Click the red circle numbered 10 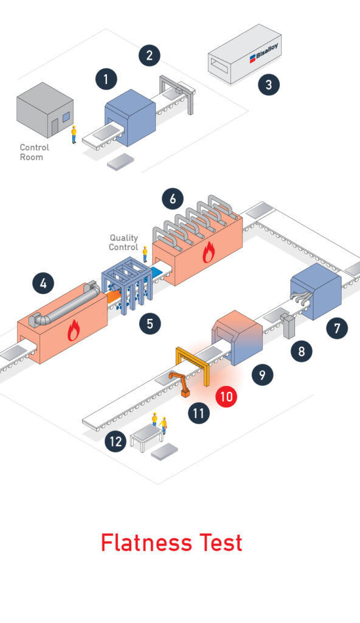pos(226,396)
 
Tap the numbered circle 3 pos(269,85)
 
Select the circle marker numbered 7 pos(337,328)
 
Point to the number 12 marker pos(116,441)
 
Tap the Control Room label pos(35,152)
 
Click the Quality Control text pos(123,242)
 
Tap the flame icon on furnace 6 pos(209,253)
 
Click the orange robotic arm pos(180,382)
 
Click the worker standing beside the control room pos(74,134)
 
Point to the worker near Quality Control pos(145,254)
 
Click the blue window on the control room pos(66,116)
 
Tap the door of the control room pos(55,127)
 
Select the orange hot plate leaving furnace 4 pos(113,297)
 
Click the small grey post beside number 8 pos(288,326)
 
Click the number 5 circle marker pos(150,324)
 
